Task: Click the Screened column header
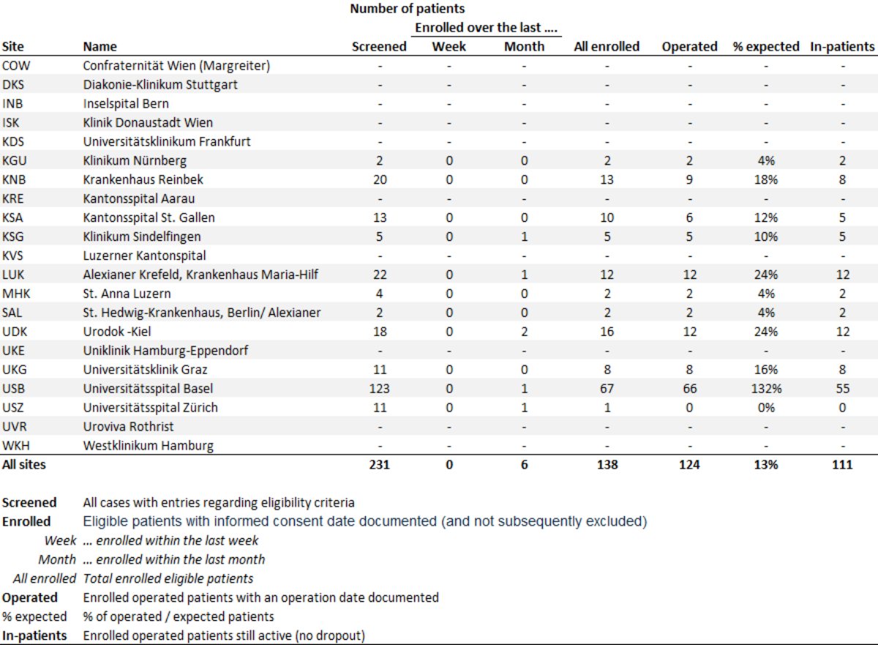pos(379,46)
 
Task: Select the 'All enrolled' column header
pos(607,46)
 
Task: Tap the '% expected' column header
pos(766,46)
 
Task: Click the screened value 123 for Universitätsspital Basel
pos(379,388)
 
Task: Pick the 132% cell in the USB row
pos(766,388)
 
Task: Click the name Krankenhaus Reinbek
pos(143,179)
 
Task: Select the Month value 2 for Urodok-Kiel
pos(524,331)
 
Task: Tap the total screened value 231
pos(379,464)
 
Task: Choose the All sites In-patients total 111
pos(842,464)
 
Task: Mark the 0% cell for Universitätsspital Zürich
pos(766,407)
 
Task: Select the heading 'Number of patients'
pos(408,9)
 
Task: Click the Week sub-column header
pos(449,46)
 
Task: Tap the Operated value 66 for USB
pos(689,388)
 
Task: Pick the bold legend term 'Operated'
pos(29,597)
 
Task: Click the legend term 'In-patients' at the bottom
pos(34,635)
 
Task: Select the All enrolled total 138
pos(607,464)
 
